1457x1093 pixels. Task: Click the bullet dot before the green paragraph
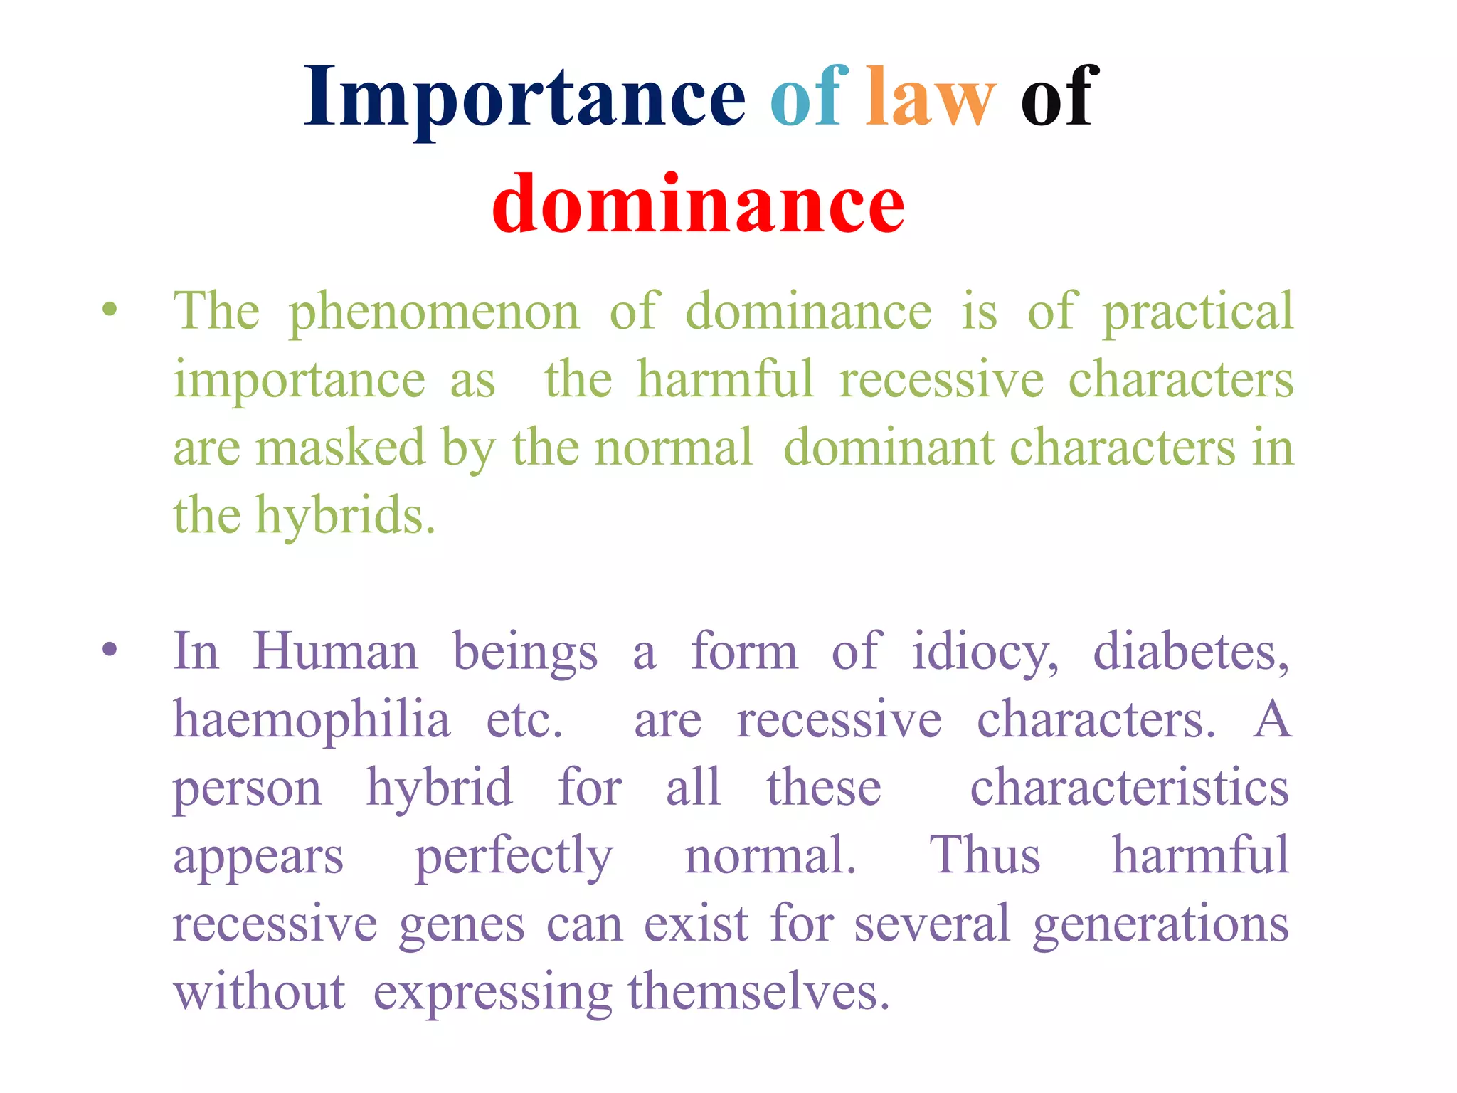(x=109, y=310)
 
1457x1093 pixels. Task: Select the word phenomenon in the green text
(x=434, y=313)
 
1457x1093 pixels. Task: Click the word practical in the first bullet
(x=1198, y=313)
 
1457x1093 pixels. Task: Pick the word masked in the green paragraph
(x=340, y=448)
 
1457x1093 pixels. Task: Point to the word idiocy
(x=985, y=653)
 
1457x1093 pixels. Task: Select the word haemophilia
(x=312, y=720)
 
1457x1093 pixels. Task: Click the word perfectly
(x=514, y=857)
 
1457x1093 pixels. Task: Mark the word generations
(x=1161, y=924)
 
